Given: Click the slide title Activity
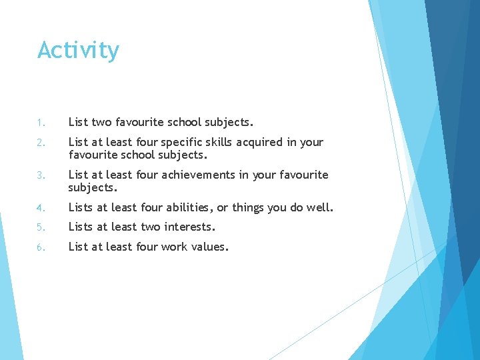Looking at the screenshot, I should click(78, 51).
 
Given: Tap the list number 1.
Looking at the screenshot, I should click(40, 123).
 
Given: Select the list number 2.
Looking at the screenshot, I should click(41, 143).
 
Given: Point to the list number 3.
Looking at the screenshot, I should click(41, 175).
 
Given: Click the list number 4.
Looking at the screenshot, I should click(41, 208).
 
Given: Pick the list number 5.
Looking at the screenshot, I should click(41, 227).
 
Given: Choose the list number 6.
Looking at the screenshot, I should click(41, 247).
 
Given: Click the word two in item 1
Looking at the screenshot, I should click(101, 122).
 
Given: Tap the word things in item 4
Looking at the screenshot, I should click(248, 207).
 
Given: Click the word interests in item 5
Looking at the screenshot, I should click(189, 227).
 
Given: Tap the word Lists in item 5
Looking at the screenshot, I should click(82, 227).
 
